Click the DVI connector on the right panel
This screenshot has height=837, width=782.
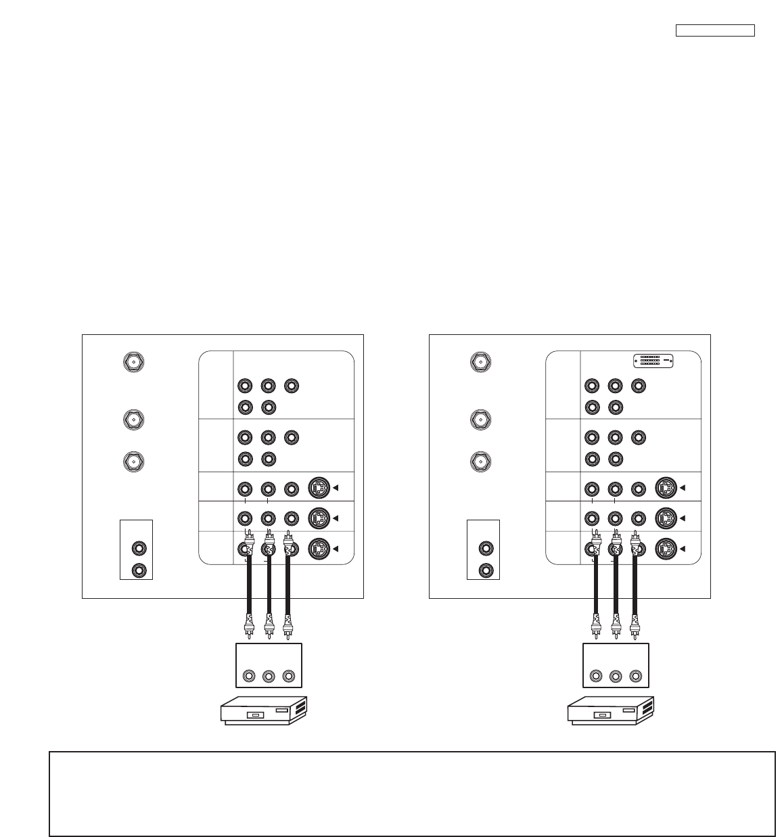pos(653,361)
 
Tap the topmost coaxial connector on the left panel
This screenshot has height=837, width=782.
pos(133,361)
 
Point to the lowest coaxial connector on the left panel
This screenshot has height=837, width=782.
pos(133,461)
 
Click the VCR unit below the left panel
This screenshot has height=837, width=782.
pos(264,711)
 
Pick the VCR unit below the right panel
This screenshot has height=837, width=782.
pos(611,711)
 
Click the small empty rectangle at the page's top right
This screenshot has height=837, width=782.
pos(715,30)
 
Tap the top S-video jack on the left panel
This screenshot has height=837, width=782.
pos(319,488)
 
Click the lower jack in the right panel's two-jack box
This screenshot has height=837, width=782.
pos(486,570)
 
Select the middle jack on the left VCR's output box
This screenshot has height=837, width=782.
pos(269,676)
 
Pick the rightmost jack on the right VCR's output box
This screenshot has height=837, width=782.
pos(635,676)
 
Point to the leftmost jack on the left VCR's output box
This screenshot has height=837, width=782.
pos(250,676)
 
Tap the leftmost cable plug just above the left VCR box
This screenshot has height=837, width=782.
pos(250,626)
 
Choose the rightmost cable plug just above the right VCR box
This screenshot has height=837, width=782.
pos(635,626)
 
